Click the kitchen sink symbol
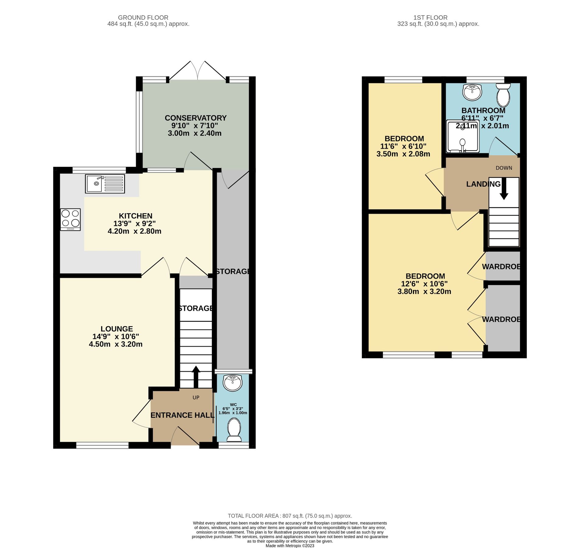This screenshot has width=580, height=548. (104, 184)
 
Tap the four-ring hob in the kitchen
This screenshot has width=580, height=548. (70, 219)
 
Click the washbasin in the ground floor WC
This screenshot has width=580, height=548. (232, 383)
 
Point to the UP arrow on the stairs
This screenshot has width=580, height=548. (196, 376)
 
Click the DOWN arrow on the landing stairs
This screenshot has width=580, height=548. (504, 189)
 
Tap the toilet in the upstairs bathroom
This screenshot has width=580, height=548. (503, 94)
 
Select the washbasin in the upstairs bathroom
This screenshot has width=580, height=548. (472, 92)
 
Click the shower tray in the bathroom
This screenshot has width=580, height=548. (462, 136)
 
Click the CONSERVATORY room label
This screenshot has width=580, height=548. (195, 118)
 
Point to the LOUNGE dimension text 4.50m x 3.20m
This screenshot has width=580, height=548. (115, 344)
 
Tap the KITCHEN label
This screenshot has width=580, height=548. (135, 216)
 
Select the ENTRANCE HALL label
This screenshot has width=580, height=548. (182, 415)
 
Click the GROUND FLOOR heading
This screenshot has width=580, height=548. (143, 18)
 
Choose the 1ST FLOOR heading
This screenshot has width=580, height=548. (430, 18)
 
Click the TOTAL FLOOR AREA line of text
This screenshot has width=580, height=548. (290, 516)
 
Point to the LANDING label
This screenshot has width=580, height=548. (483, 184)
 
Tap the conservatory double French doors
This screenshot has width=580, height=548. (198, 71)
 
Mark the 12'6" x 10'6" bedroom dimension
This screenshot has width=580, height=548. (424, 284)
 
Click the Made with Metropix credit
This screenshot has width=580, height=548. (290, 546)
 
